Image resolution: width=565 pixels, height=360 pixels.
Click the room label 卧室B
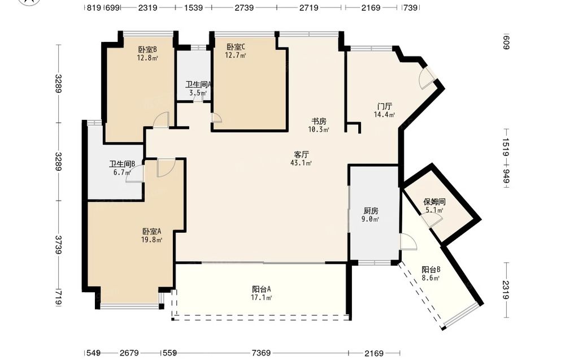pyautogui.click(x=147, y=49)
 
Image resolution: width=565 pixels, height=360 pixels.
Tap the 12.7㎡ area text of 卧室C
pyautogui.click(x=235, y=55)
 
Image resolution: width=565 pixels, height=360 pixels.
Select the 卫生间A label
pyautogui.click(x=198, y=85)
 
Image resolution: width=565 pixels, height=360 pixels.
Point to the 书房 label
pyautogui.click(x=319, y=121)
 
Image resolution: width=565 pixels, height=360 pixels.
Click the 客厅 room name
pyautogui.click(x=301, y=155)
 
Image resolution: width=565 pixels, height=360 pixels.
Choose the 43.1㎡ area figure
pyautogui.click(x=301, y=163)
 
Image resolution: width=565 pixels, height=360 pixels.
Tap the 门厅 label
pyautogui.click(x=384, y=106)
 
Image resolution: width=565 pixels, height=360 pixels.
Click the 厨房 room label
pyautogui.click(x=371, y=211)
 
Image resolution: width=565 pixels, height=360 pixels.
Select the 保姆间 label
pyautogui.click(x=434, y=202)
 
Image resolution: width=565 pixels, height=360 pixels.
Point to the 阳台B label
pyautogui.click(x=431, y=270)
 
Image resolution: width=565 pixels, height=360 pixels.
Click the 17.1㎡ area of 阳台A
pyautogui.click(x=261, y=298)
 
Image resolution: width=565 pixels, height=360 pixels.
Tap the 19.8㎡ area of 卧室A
pyautogui.click(x=151, y=240)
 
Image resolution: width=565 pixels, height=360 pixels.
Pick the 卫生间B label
pyautogui.click(x=122, y=164)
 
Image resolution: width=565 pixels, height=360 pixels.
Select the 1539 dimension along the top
pyautogui.click(x=193, y=7)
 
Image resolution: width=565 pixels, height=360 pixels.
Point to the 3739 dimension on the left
pyautogui.click(x=58, y=245)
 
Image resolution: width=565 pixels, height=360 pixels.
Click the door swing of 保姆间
pyautogui.click(x=432, y=218)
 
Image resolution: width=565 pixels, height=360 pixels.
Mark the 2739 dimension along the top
pyautogui.click(x=244, y=7)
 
